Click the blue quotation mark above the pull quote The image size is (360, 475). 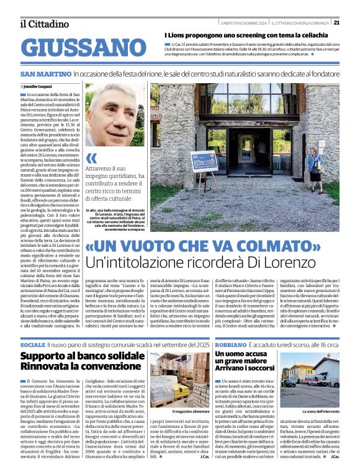coord(91,158)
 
